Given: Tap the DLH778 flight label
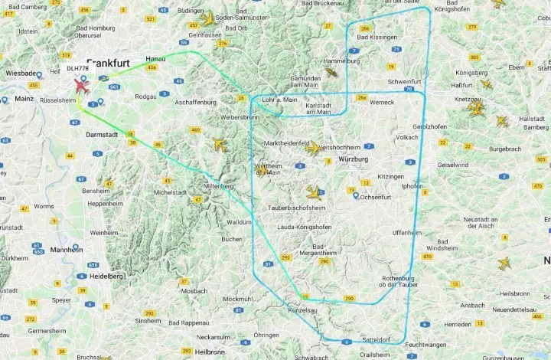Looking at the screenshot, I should pyautogui.click(x=77, y=68).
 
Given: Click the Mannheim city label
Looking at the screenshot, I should pyautogui.click(x=67, y=250).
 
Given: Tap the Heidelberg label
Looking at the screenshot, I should pyautogui.click(x=106, y=276).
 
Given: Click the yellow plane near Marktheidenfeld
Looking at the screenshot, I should pyautogui.click(x=313, y=148).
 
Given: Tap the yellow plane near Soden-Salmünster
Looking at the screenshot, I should pyautogui.click(x=207, y=18).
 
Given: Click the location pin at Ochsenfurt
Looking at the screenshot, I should pyautogui.click(x=356, y=195).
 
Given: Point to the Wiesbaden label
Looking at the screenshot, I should pyautogui.click(x=21, y=74).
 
